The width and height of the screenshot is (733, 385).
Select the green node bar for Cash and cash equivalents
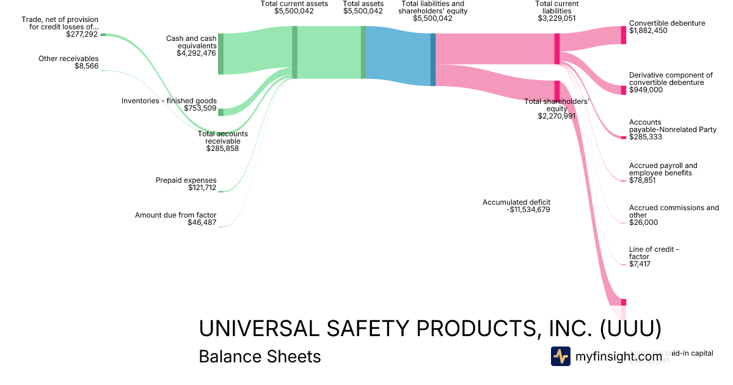pyautogui.click(x=221, y=54)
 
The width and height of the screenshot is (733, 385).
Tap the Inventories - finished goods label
pyautogui.click(x=169, y=101)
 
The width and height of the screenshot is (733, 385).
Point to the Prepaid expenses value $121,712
pyautogui.click(x=202, y=188)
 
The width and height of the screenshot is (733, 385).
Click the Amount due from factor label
pyautogui.click(x=175, y=215)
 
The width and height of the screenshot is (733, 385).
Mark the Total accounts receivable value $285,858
pyautogui.click(x=222, y=148)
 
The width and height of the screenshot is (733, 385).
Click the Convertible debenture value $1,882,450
pyautogui.click(x=649, y=31)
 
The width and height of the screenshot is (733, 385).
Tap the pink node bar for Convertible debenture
pyautogui.click(x=623, y=35)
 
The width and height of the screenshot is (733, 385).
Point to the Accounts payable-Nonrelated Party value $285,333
pyautogui.click(x=646, y=137)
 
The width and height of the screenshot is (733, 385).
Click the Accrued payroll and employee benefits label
pyautogui.click(x=663, y=169)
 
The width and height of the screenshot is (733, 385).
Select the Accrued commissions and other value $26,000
pyautogui.click(x=643, y=222)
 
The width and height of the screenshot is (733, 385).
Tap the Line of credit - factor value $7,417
pyautogui.click(x=640, y=264)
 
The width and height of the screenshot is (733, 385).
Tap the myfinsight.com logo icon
pyautogui.click(x=560, y=356)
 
